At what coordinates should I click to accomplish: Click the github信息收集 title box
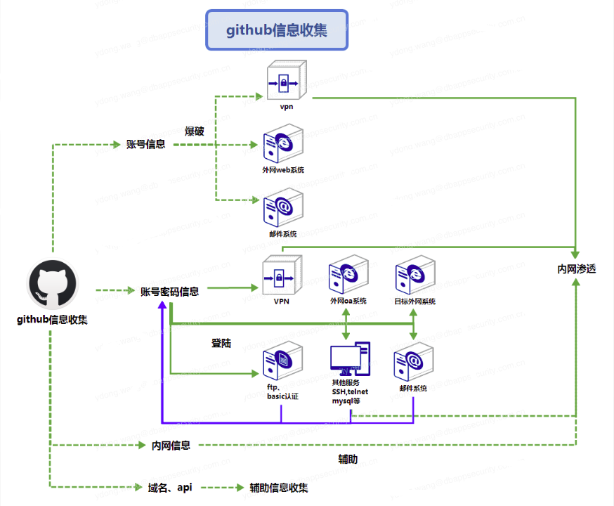pyautogui.click(x=277, y=30)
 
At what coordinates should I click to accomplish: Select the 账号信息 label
pyautogui.click(x=145, y=145)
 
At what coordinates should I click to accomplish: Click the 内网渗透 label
pyautogui.click(x=577, y=268)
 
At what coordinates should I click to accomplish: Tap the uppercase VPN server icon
pyautogui.click(x=282, y=276)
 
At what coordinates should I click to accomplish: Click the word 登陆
pyautogui.click(x=221, y=343)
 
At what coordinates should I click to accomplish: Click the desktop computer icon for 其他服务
pyautogui.click(x=350, y=359)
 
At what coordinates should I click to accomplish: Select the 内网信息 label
pyautogui.click(x=171, y=446)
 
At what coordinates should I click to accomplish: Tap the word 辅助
pyautogui.click(x=348, y=460)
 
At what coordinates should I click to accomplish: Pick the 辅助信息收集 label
pyautogui.click(x=279, y=488)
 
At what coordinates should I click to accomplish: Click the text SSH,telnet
pyautogui.click(x=350, y=391)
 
